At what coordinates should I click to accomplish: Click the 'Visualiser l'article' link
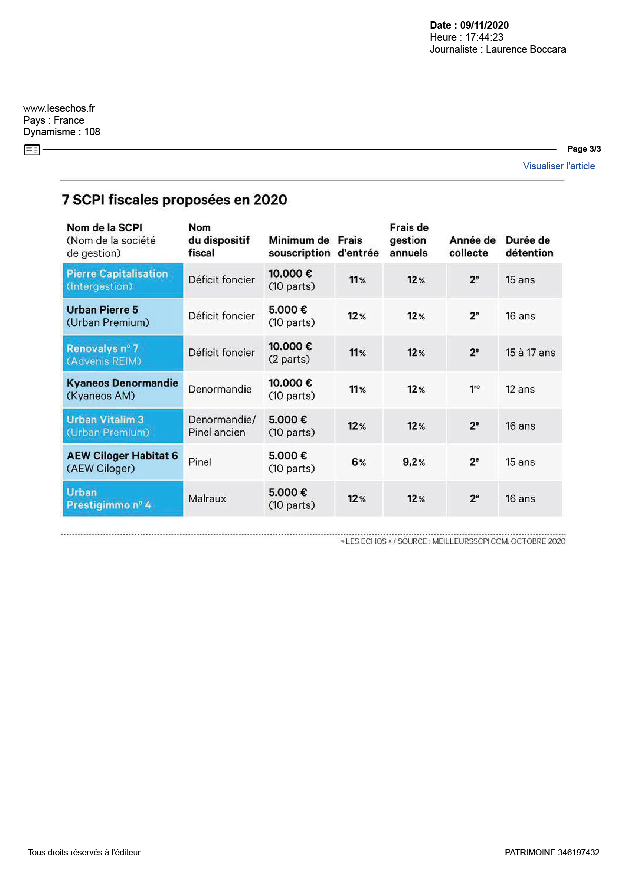click(559, 166)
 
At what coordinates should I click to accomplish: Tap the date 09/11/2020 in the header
click(484, 25)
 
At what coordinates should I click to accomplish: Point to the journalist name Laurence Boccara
click(526, 49)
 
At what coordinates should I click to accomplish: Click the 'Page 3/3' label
click(584, 149)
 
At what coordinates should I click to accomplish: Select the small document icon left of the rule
click(32, 149)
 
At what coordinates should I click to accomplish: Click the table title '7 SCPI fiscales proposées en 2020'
click(175, 200)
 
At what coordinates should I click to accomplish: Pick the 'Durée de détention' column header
click(529, 246)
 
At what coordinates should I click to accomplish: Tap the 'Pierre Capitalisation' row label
click(117, 274)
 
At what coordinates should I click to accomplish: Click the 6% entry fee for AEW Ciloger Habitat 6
click(359, 462)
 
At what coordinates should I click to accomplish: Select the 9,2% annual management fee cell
click(414, 462)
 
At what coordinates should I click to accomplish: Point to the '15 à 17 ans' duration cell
click(530, 353)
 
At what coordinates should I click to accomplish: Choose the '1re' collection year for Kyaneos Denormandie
click(474, 389)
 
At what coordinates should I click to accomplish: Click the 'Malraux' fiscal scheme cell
click(207, 499)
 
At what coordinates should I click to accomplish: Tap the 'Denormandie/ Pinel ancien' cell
click(222, 426)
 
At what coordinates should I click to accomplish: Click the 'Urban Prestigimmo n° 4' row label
click(109, 499)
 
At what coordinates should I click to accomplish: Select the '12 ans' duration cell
click(520, 389)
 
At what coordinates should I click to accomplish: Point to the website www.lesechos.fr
click(59, 108)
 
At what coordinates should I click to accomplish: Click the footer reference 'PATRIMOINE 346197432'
click(552, 852)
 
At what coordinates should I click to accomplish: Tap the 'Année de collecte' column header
click(472, 246)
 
